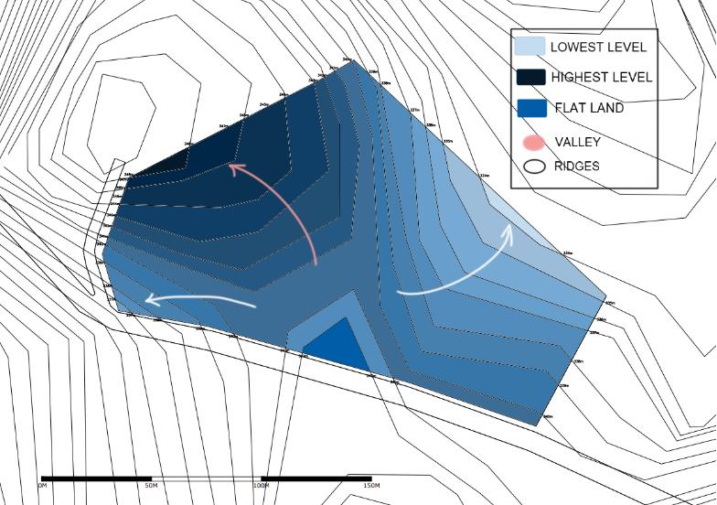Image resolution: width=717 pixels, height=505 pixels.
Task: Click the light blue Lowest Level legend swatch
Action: pos(530,46)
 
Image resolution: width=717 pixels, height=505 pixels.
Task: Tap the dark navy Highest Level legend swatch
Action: pos(530,77)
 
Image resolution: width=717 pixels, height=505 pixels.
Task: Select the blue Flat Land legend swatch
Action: pos(531,108)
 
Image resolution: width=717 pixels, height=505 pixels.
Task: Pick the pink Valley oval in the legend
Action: pos(534,142)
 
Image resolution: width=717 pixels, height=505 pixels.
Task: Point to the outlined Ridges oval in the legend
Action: pos(534,167)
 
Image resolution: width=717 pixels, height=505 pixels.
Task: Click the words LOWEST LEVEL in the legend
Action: pos(598,47)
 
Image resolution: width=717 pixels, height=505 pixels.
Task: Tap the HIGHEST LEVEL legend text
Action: pos(601,78)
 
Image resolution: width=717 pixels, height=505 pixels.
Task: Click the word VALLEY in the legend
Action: pos(577,142)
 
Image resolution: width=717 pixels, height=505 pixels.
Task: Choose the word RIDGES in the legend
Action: pos(577,167)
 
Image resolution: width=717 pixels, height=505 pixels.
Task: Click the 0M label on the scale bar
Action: pos(42,485)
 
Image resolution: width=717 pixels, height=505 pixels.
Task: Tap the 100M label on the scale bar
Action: pos(262,485)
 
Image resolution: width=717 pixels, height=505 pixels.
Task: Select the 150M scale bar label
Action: pos(370,485)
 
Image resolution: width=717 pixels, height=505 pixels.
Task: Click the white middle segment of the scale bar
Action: pos(206,478)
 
